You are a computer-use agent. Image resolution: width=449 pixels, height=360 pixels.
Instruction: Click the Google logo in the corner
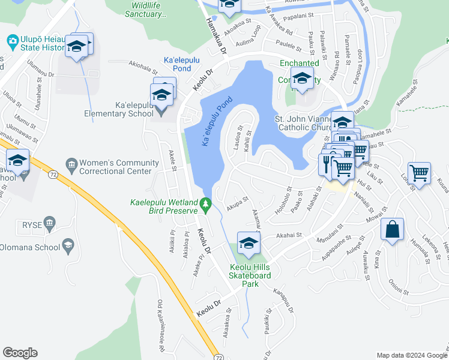[x=20, y=353]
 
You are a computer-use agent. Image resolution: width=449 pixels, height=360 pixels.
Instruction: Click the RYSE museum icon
[x=49, y=224]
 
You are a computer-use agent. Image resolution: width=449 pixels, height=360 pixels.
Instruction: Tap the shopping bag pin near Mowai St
[x=392, y=229]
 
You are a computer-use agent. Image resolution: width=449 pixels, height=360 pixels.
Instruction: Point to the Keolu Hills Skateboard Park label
[x=250, y=271]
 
